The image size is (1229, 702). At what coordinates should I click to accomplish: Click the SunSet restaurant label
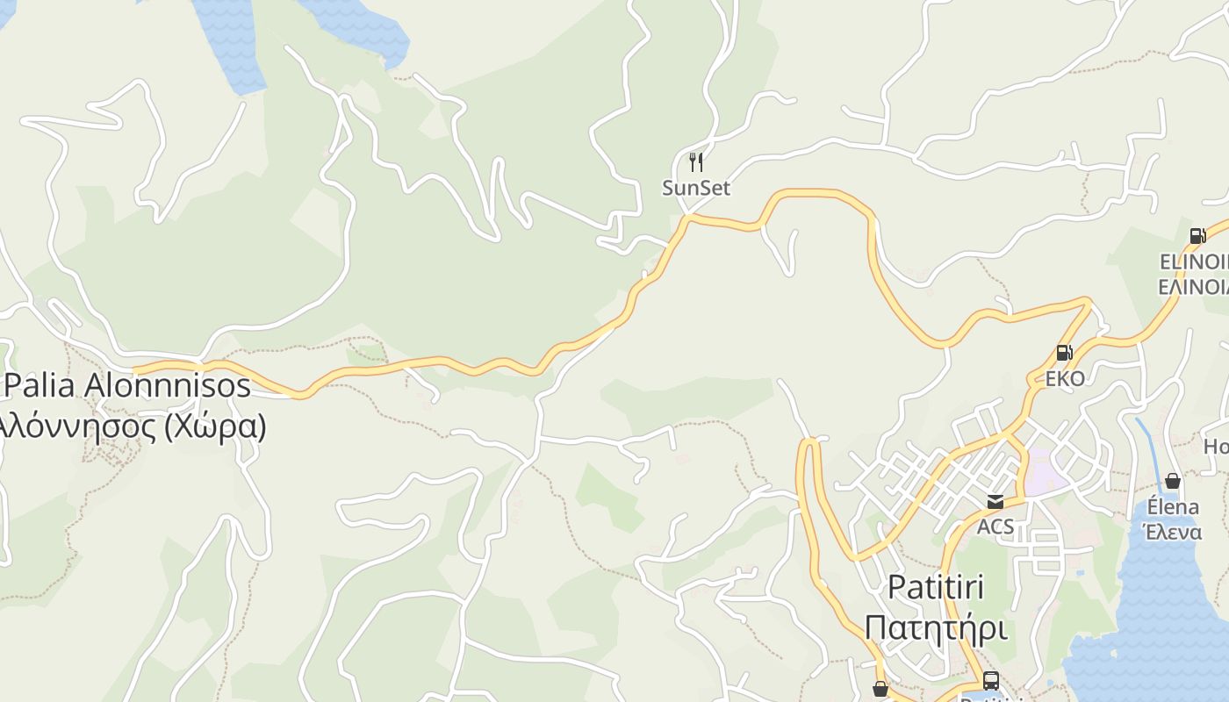[696, 188]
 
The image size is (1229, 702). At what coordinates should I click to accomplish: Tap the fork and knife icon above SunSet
[696, 162]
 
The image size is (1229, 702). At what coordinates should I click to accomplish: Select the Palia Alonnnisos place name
[128, 385]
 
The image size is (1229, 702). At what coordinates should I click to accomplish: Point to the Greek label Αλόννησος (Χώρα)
[132, 426]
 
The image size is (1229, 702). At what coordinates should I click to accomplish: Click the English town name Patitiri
[936, 586]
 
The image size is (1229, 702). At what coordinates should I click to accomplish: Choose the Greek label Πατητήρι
[936, 628]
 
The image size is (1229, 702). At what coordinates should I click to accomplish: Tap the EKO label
[1065, 378]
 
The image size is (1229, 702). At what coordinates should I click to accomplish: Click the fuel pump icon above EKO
[1064, 353]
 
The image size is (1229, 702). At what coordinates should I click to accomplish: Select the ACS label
[995, 526]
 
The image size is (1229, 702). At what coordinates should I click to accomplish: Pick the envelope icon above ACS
[995, 502]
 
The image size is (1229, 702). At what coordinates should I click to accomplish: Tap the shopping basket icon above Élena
[1173, 481]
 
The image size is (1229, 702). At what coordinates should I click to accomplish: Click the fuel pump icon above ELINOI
[1197, 235]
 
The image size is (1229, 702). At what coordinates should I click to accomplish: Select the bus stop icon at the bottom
[991, 680]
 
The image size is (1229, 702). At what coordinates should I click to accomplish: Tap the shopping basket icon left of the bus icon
[880, 690]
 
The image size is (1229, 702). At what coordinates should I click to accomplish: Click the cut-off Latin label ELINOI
[1194, 261]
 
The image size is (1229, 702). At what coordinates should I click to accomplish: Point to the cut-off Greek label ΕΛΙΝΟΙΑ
[1194, 286]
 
